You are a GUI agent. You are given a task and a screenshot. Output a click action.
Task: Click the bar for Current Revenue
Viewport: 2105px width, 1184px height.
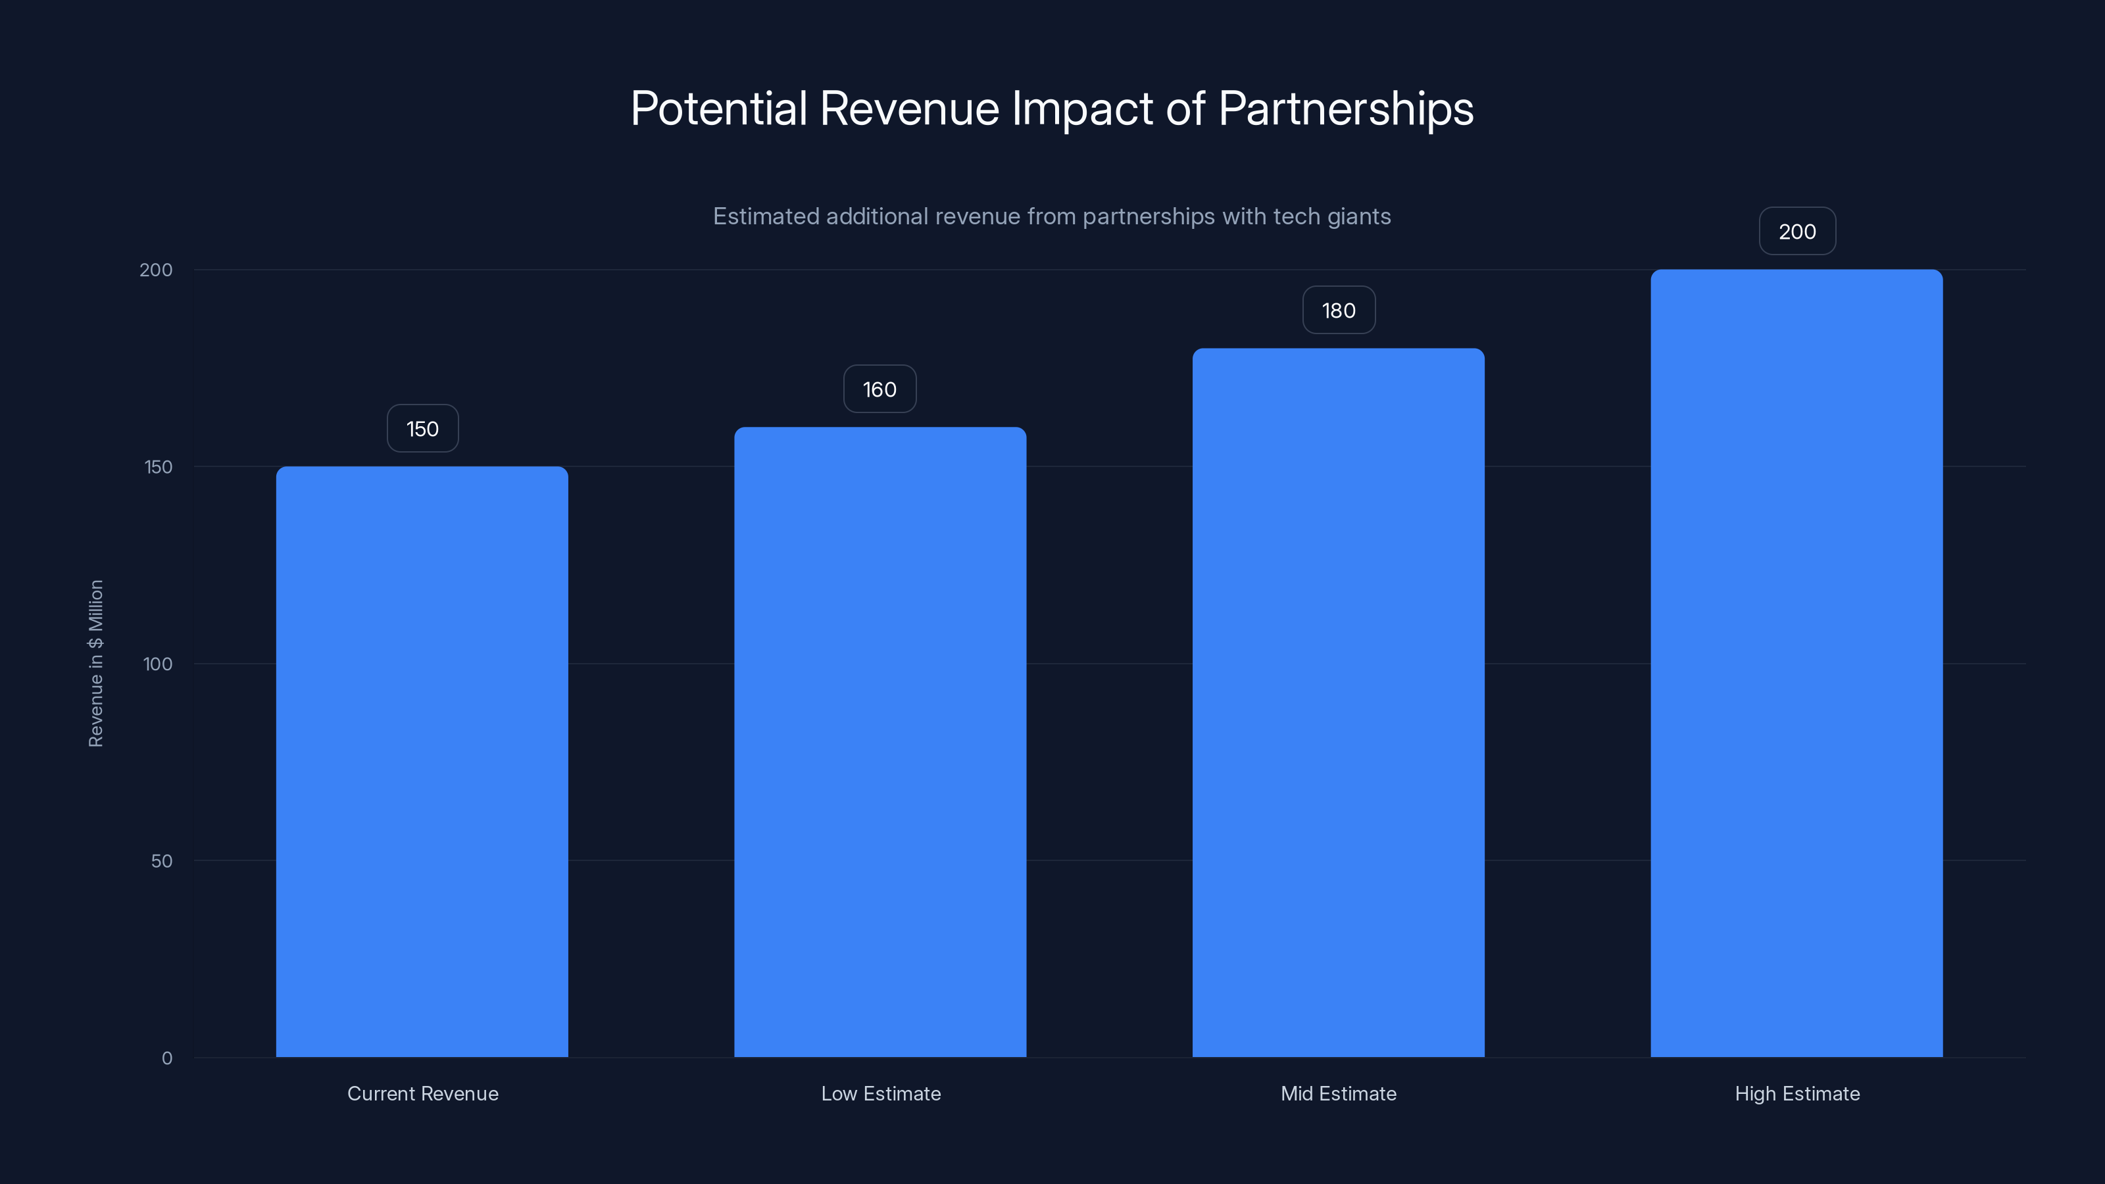pos(422,762)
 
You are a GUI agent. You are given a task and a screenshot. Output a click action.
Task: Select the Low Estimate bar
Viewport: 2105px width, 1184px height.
pos(880,742)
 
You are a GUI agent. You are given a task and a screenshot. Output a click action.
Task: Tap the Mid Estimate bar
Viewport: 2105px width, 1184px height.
pos(1338,703)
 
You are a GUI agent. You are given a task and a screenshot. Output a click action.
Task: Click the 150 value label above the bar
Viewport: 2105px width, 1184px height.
pos(422,429)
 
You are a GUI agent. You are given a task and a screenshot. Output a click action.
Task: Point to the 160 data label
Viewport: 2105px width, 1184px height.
pos(879,390)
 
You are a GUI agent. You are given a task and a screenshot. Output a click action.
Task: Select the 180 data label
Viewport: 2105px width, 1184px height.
pos(1339,310)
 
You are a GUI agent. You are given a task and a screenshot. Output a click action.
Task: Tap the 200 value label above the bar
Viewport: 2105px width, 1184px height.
pos(1797,232)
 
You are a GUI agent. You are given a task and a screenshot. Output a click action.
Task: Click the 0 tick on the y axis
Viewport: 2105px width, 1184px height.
pos(166,1058)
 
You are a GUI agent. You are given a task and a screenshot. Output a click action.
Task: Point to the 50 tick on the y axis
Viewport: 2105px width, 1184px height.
pos(161,861)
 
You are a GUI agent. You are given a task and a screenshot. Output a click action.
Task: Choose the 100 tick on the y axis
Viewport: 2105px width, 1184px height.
pos(158,664)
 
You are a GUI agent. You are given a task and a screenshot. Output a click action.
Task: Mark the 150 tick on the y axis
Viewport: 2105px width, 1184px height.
pos(158,468)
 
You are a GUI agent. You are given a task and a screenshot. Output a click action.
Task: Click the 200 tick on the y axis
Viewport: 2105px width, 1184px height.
pos(156,270)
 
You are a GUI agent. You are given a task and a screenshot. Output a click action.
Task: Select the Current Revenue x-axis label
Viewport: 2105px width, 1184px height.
pos(422,1093)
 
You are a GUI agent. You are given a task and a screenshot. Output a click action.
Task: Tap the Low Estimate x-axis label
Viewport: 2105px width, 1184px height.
pos(881,1093)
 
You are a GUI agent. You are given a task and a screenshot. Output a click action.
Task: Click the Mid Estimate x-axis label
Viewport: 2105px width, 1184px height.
pos(1339,1093)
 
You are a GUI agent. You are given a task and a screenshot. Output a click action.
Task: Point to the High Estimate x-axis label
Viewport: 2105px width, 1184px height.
pos(1797,1093)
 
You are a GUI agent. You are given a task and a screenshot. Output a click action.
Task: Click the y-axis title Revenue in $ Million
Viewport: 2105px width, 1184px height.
pos(95,664)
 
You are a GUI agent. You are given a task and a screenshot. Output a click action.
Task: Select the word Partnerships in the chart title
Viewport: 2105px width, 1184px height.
pos(1346,109)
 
